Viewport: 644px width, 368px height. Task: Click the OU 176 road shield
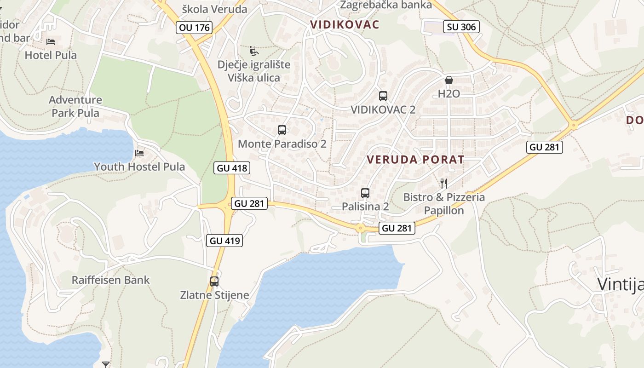(x=194, y=28)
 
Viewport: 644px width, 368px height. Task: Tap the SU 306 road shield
(x=461, y=27)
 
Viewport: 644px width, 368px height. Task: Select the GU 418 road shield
(x=232, y=168)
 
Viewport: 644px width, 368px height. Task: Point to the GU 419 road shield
(x=225, y=240)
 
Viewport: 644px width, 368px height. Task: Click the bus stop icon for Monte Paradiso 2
(x=282, y=130)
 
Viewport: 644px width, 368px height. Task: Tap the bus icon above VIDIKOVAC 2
(x=383, y=96)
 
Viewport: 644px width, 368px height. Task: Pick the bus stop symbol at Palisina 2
(x=365, y=193)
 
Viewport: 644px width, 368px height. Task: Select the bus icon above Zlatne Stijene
(x=214, y=282)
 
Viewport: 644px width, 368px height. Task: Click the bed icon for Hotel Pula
(x=51, y=42)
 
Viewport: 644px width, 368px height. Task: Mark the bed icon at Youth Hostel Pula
(x=139, y=153)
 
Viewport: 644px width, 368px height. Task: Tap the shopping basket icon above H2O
(x=449, y=80)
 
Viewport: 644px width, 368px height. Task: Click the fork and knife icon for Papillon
(x=444, y=184)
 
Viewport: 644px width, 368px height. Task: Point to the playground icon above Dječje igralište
(x=253, y=51)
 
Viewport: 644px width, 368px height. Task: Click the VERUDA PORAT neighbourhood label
(x=415, y=160)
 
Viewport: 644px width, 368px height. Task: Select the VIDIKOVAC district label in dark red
(x=345, y=24)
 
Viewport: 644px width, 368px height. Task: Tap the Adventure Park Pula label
(x=75, y=106)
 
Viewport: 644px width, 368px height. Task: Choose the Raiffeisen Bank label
(x=110, y=280)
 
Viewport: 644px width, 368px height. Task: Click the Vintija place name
(x=620, y=284)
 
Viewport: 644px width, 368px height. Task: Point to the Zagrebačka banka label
(x=386, y=5)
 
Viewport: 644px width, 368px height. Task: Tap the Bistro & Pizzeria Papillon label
(x=444, y=204)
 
